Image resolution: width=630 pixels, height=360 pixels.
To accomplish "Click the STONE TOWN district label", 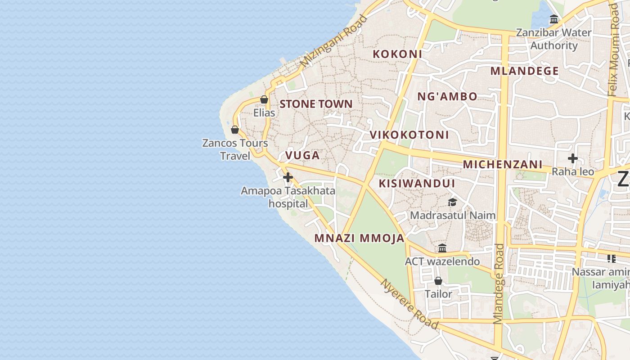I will coord(316,104).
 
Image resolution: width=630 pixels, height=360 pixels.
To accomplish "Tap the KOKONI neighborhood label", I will coord(397,54).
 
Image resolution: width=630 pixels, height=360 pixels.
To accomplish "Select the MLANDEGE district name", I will coord(524,71).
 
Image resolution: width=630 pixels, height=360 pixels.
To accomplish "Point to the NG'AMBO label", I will coord(447,96).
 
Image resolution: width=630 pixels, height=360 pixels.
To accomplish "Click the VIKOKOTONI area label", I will coord(409,135).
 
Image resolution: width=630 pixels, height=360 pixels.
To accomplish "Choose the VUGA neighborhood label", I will coord(302,156).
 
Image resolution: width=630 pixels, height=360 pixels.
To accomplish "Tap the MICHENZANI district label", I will coord(503,164).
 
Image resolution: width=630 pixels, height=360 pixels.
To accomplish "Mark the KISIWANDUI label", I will coord(417,183).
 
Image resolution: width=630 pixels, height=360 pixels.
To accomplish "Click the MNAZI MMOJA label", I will coord(359,238).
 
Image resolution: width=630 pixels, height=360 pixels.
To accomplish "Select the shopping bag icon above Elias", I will coord(264,99).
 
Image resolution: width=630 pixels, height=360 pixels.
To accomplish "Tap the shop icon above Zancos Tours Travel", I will coord(234,130).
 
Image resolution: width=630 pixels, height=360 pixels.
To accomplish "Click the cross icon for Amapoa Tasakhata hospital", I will coord(288,177).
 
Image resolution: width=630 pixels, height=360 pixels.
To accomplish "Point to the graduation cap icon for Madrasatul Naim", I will coord(452,202).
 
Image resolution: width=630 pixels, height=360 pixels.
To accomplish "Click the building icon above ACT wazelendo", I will coord(442,248).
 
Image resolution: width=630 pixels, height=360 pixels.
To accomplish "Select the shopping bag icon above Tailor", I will coord(438,281).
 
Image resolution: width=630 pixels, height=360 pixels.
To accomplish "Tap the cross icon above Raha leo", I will coord(572,158).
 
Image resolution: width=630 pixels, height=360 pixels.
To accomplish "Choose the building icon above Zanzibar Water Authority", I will coord(554,19).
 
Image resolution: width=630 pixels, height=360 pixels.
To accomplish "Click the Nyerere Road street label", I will coord(409,304).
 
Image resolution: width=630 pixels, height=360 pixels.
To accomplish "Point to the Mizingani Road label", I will coord(333,41).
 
